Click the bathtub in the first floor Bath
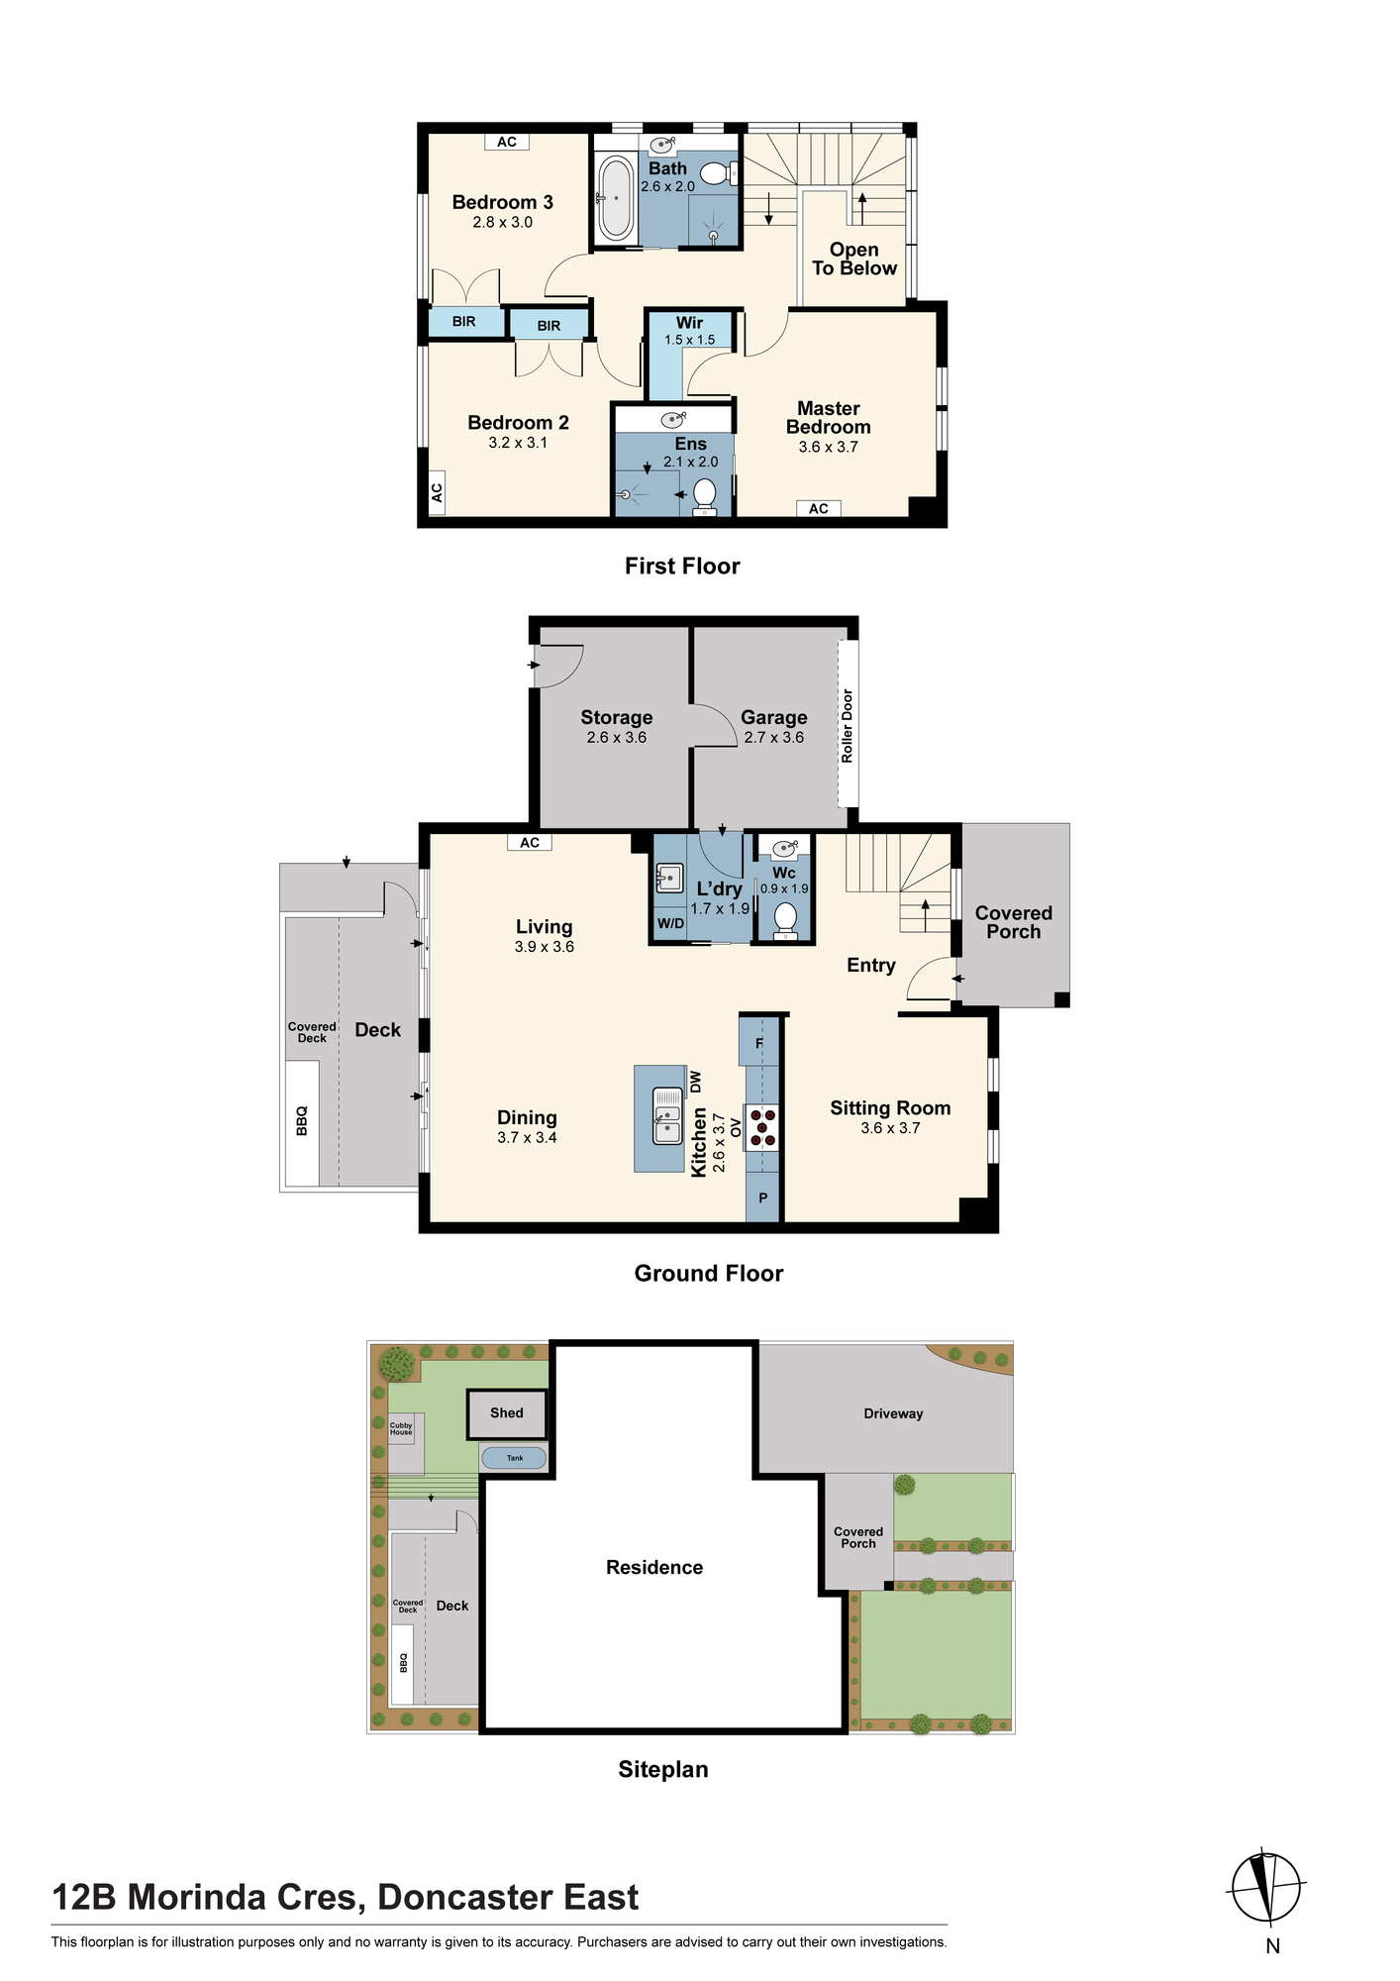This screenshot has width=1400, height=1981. tap(615, 198)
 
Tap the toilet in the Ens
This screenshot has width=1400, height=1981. tap(705, 496)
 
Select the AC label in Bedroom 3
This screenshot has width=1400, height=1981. tap(507, 142)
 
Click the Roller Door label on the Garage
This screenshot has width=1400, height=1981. tap(848, 726)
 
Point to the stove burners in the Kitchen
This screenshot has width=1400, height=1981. tap(762, 1128)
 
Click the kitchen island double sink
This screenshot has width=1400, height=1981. tap(667, 1115)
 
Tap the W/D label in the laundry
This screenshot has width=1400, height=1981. tap(670, 924)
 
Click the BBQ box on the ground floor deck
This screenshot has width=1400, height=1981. tap(302, 1123)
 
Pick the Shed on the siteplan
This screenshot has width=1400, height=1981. tap(507, 1413)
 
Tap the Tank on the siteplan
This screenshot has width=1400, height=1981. tap(514, 1457)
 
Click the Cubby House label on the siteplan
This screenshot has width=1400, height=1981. tap(401, 1428)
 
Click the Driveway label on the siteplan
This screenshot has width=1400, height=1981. tap(893, 1413)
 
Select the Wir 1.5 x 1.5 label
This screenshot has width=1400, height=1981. tap(689, 331)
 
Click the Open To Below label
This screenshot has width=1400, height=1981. tap(854, 259)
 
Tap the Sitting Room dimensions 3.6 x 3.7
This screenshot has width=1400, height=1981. tap(890, 1128)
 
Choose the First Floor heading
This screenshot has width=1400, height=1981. tap(682, 566)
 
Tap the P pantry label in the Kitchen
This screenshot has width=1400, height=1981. tap(763, 1199)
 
